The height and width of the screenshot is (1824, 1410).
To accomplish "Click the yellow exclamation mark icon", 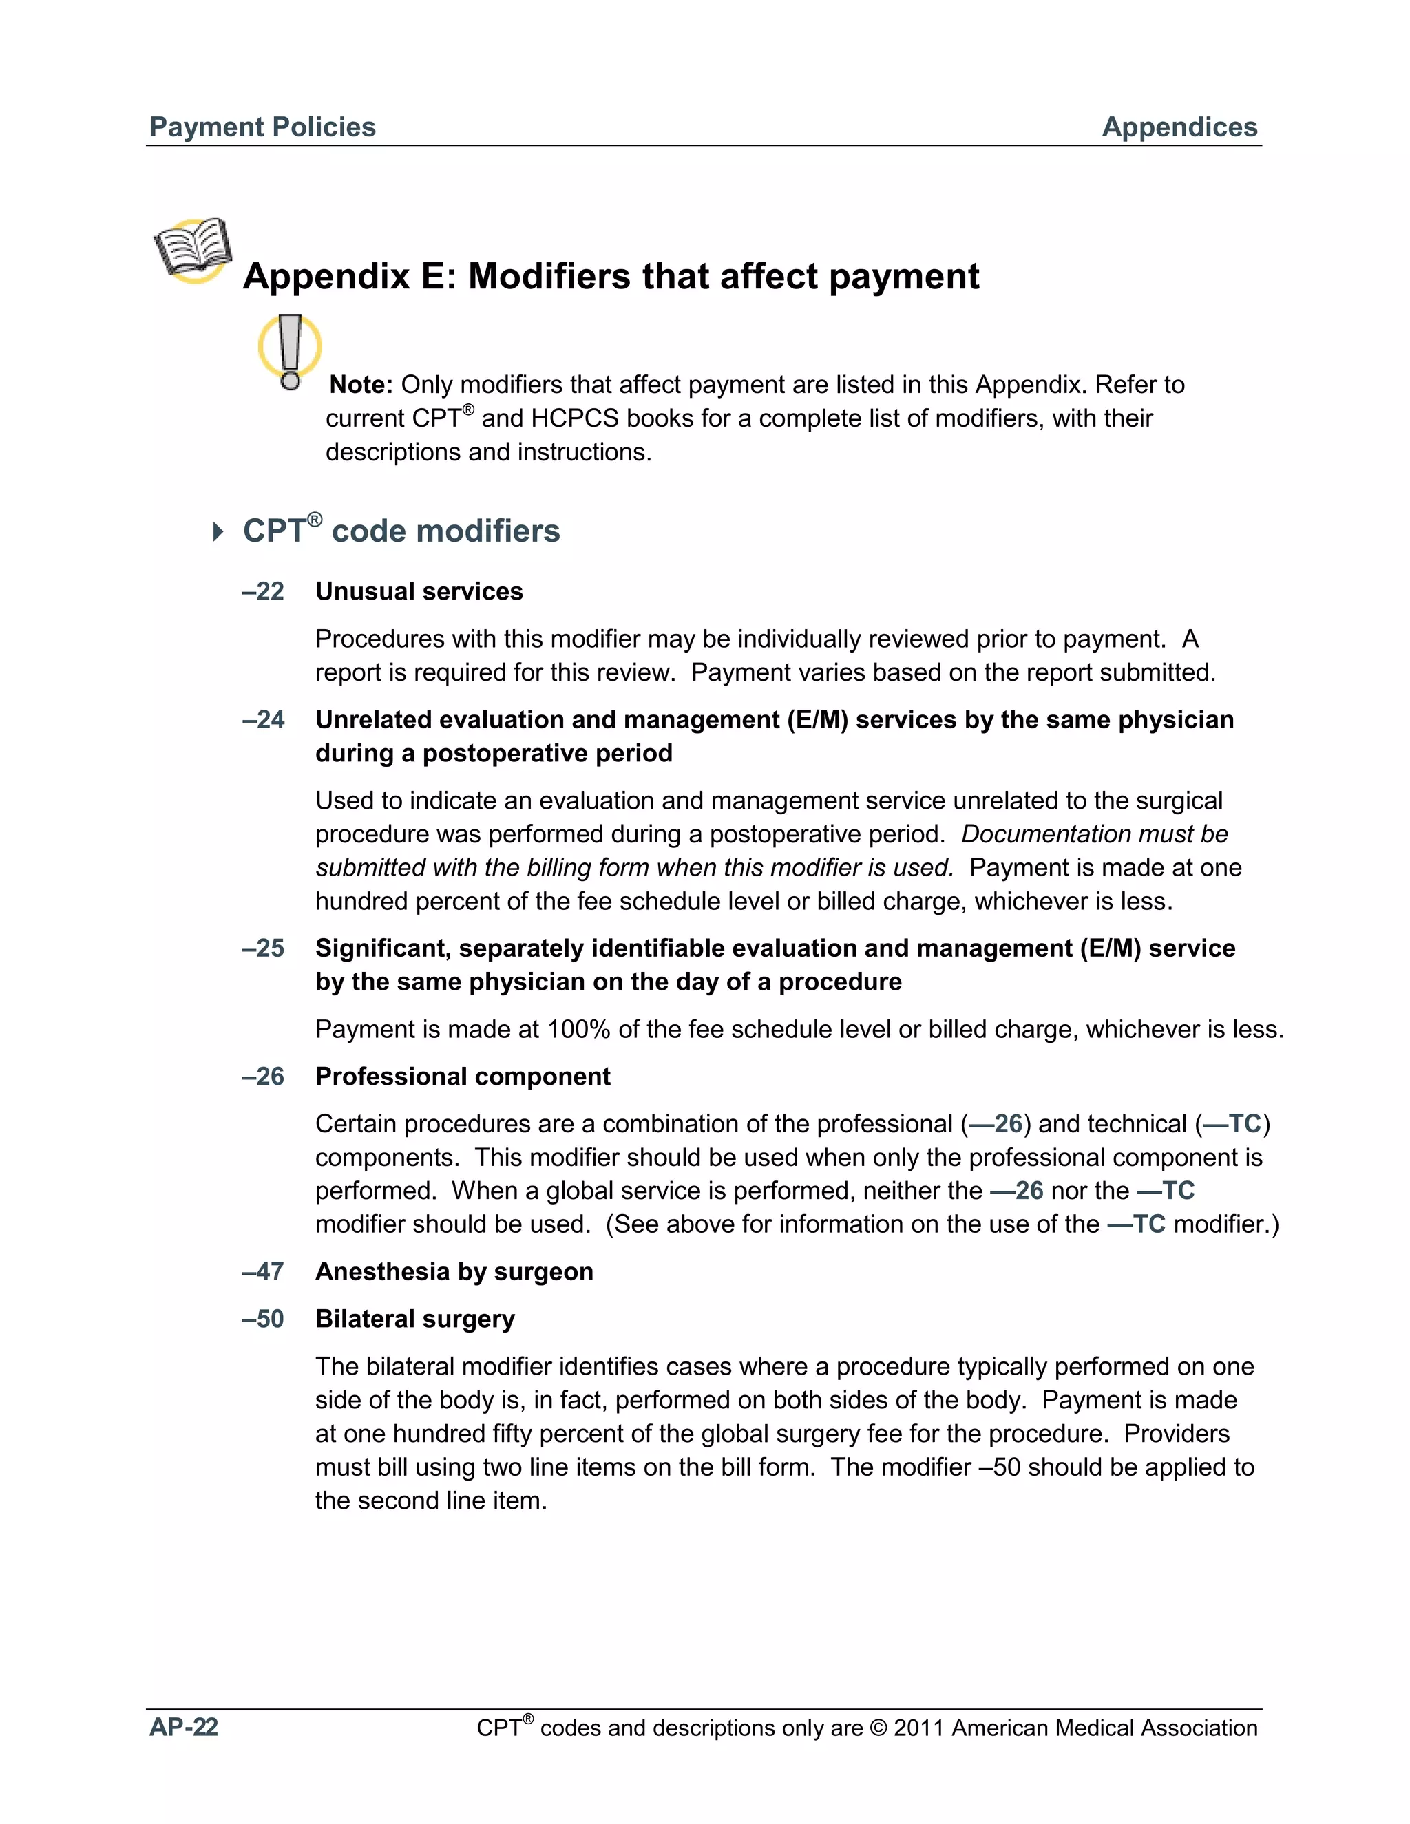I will (x=290, y=351).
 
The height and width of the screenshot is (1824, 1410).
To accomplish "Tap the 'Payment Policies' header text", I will (x=262, y=127).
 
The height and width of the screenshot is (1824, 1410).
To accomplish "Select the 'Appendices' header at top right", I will (x=1179, y=127).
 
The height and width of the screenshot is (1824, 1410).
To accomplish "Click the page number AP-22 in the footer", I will (x=184, y=1726).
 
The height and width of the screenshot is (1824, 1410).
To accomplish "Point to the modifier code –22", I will (x=263, y=591).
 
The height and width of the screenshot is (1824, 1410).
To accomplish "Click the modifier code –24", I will (x=263, y=719).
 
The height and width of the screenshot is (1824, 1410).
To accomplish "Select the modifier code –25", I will (x=263, y=948).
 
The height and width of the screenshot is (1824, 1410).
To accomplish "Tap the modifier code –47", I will (x=263, y=1271).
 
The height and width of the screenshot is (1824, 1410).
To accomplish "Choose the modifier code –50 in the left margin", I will (x=263, y=1319).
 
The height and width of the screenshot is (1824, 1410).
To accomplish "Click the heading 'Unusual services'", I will (x=419, y=591).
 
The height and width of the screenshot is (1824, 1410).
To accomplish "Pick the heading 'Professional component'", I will (x=463, y=1077).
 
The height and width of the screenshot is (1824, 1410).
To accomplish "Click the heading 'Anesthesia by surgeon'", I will (x=454, y=1271).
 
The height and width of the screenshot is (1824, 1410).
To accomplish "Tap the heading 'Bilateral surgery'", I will (x=414, y=1319).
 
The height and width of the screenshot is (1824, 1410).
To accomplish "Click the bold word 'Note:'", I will (x=361, y=385).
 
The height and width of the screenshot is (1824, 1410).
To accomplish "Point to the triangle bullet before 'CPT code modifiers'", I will (x=218, y=531).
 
